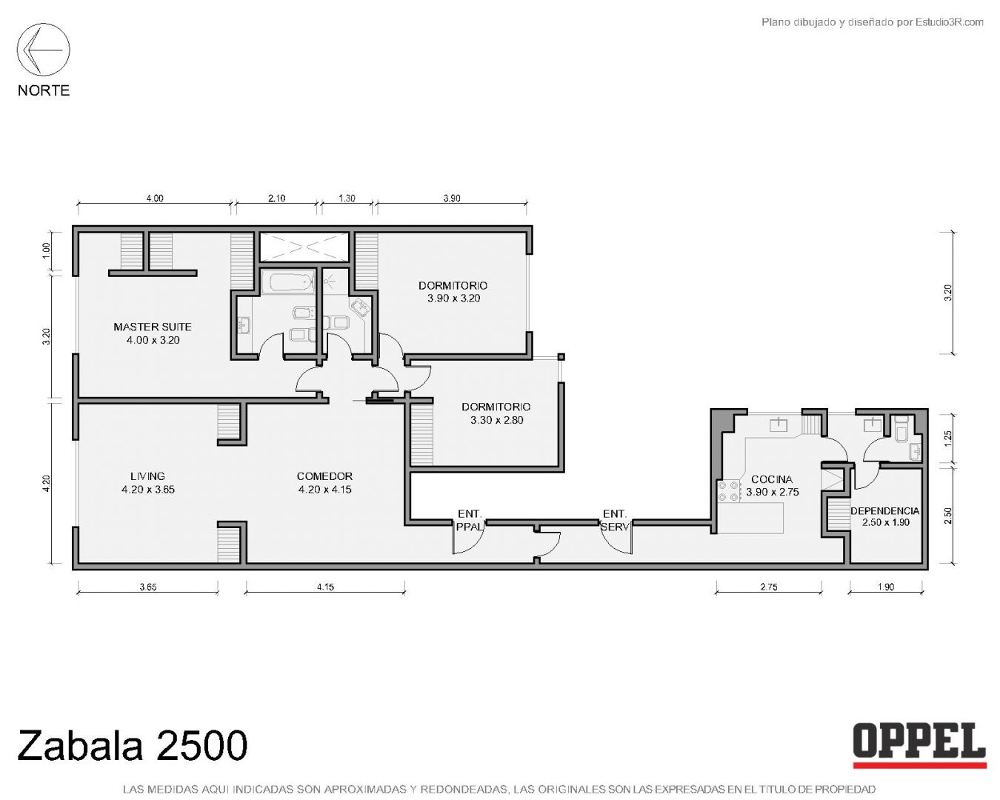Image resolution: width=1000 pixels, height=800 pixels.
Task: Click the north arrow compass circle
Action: pyautogui.click(x=43, y=24)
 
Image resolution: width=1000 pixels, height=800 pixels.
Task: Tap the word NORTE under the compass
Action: pyautogui.click(x=44, y=90)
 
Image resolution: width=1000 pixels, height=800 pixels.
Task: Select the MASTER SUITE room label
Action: pyautogui.click(x=153, y=333)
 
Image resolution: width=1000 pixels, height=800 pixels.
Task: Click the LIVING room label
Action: pyautogui.click(x=147, y=482)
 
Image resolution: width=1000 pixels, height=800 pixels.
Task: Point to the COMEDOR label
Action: pyautogui.click(x=324, y=482)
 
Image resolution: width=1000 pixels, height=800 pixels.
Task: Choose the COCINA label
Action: pyautogui.click(x=772, y=485)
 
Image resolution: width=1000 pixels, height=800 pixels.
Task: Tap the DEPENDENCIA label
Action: pyautogui.click(x=885, y=516)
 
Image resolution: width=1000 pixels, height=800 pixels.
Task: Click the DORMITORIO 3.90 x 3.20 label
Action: pyautogui.click(x=453, y=291)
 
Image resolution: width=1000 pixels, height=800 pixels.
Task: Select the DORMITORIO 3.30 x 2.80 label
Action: pyautogui.click(x=496, y=413)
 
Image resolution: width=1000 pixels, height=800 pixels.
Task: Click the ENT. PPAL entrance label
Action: pyautogui.click(x=470, y=520)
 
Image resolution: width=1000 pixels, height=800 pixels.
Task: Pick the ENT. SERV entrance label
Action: pyautogui.click(x=615, y=520)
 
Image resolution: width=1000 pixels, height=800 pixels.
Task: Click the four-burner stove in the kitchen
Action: pyautogui.click(x=729, y=491)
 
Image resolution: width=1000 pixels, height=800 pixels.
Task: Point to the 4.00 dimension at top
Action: pyautogui.click(x=155, y=199)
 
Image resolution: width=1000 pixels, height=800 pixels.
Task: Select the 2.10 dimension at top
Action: pyautogui.click(x=276, y=199)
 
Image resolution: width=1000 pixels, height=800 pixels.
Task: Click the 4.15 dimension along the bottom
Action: pyautogui.click(x=325, y=587)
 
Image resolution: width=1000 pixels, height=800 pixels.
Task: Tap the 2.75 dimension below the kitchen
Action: pyautogui.click(x=769, y=587)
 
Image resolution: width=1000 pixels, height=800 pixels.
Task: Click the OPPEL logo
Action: pyautogui.click(x=919, y=756)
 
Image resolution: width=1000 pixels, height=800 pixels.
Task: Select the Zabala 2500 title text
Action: pyautogui.click(x=133, y=746)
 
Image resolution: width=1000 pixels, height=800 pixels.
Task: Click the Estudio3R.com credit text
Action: pyautogui.click(x=872, y=22)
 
